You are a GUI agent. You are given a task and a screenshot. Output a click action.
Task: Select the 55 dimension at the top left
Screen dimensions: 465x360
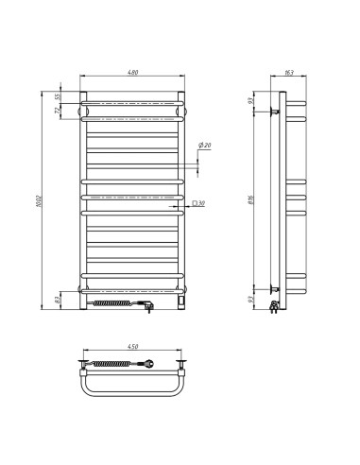57,96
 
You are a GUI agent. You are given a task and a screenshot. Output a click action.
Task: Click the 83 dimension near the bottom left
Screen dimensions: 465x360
58,301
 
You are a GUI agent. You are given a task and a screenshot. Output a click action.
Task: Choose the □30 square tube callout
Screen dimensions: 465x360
203,204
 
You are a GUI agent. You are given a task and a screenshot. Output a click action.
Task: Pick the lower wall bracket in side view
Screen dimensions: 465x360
273,288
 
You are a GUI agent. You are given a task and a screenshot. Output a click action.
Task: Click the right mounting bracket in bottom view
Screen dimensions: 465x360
182,363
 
